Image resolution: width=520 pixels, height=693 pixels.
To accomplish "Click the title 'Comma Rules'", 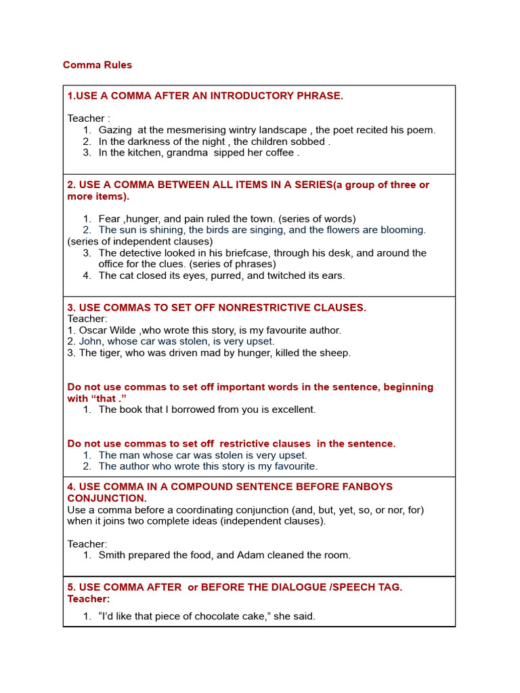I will tap(97, 65).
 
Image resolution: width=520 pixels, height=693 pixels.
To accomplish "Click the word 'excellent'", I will tap(293, 409).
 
